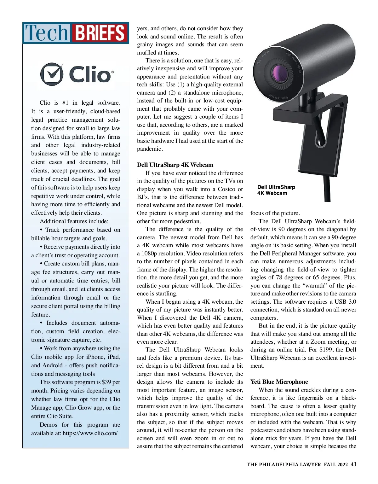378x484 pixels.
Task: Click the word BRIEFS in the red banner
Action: tap(100, 33)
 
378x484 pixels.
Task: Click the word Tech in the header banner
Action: tap(47, 33)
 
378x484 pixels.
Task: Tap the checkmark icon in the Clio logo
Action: tap(51, 74)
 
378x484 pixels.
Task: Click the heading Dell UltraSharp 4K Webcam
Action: tap(175, 165)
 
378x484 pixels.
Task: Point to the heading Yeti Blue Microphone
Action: tap(279, 382)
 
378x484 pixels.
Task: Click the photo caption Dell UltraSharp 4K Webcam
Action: tap(276, 190)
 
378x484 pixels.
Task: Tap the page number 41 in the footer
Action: tap(353, 464)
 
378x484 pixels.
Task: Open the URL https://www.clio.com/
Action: tap(90, 433)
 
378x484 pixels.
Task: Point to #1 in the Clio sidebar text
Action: tap(65, 103)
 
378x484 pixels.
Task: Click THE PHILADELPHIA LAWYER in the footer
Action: tap(283, 464)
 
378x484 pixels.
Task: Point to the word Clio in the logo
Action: tap(90, 75)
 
